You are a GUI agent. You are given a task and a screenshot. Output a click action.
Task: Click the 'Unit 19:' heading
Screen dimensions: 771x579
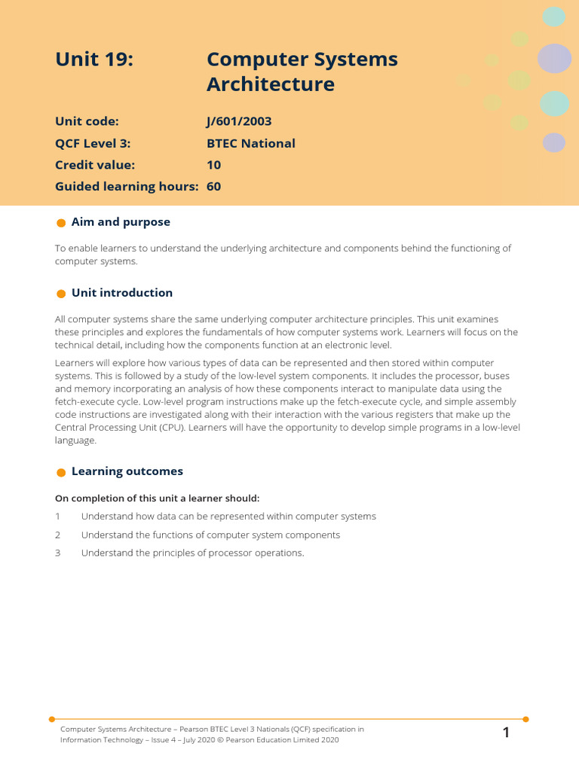pyautogui.click(x=94, y=59)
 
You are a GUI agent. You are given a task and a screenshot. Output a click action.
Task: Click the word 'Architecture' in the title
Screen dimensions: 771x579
pyautogui.click(x=270, y=84)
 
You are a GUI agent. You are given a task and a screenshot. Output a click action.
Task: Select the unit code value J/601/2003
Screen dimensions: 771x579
pyautogui.click(x=239, y=121)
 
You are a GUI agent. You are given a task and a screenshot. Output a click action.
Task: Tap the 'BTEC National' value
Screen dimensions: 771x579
pyautogui.click(x=250, y=143)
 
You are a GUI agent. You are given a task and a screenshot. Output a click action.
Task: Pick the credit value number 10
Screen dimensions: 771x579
pyautogui.click(x=213, y=165)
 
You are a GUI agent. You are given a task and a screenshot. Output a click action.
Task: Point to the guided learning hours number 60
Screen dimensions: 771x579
pyautogui.click(x=213, y=187)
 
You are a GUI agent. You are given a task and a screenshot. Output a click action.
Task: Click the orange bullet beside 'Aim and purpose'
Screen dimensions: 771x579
pyautogui.click(x=61, y=223)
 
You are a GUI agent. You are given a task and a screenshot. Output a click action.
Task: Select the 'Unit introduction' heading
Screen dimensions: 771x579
pyautogui.click(x=122, y=293)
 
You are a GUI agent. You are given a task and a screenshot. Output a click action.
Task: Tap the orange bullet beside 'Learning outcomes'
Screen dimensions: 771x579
pyautogui.click(x=61, y=472)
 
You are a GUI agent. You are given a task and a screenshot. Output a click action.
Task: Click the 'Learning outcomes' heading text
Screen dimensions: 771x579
pyautogui.click(x=127, y=471)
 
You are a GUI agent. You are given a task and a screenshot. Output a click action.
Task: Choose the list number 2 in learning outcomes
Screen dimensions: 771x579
pyautogui.click(x=57, y=535)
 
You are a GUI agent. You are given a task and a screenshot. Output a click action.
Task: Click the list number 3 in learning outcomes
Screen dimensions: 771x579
pyautogui.click(x=57, y=553)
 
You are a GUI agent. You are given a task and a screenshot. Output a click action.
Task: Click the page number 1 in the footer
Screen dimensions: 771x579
pyautogui.click(x=507, y=733)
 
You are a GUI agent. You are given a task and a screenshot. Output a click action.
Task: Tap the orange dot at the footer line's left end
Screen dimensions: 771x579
pyautogui.click(x=51, y=719)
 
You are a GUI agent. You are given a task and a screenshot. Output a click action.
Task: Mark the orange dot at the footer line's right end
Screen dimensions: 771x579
pyautogui.click(x=525, y=719)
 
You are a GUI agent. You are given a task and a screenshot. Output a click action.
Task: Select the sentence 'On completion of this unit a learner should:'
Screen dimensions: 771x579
pyautogui.click(x=157, y=498)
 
